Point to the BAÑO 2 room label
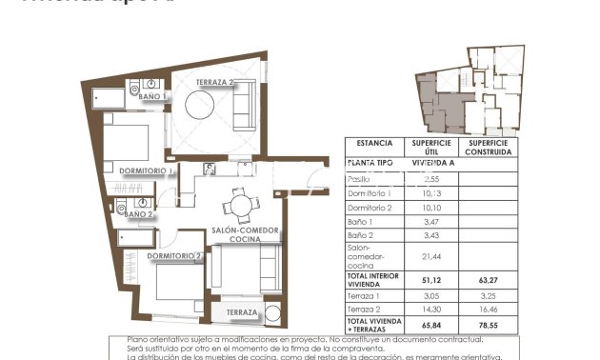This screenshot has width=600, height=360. (x=138, y=214)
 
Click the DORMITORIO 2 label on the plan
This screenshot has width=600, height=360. (x=176, y=255)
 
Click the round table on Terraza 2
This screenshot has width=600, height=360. (x=204, y=109)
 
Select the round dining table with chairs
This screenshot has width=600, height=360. (x=240, y=204)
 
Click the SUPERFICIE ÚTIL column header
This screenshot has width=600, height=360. (x=431, y=148)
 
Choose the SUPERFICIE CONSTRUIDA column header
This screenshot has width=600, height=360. (x=490, y=148)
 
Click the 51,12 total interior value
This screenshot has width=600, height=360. (x=431, y=281)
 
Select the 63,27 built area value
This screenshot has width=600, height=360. (x=490, y=281)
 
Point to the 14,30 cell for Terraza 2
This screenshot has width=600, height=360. (x=431, y=310)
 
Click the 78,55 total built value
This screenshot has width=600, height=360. (x=490, y=325)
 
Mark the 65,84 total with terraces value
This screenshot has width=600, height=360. (x=431, y=325)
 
